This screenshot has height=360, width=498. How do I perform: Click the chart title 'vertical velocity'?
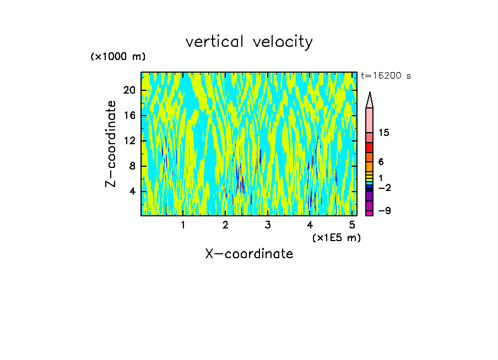pos(249,42)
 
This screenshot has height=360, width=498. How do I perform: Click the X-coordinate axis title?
pos(249,254)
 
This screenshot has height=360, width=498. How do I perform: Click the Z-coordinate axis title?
pos(111,144)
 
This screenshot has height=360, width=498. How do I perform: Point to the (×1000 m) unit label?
pos(118,57)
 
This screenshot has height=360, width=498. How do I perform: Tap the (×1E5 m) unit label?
pos(336,237)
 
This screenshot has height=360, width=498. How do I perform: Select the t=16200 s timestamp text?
pos(386,76)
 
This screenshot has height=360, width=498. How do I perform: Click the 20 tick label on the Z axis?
pos(130,90)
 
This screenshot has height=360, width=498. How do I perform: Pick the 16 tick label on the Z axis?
pos(130,116)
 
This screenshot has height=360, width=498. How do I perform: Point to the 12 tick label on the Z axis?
pos(130,141)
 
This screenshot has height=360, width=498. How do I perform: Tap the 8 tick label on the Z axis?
pos(133,166)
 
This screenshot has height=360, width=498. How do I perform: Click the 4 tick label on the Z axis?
pos(133,192)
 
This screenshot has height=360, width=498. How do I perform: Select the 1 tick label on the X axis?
pos(183,225)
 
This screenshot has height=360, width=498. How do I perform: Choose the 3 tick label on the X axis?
pos(268,225)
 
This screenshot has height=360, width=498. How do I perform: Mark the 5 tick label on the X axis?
pos(353,225)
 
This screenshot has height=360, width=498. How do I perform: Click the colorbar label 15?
pos(384,133)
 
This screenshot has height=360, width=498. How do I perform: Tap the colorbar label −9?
pos(384,211)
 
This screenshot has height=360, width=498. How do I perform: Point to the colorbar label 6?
pos(381,162)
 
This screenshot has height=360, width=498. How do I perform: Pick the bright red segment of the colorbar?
pos(370,148)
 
